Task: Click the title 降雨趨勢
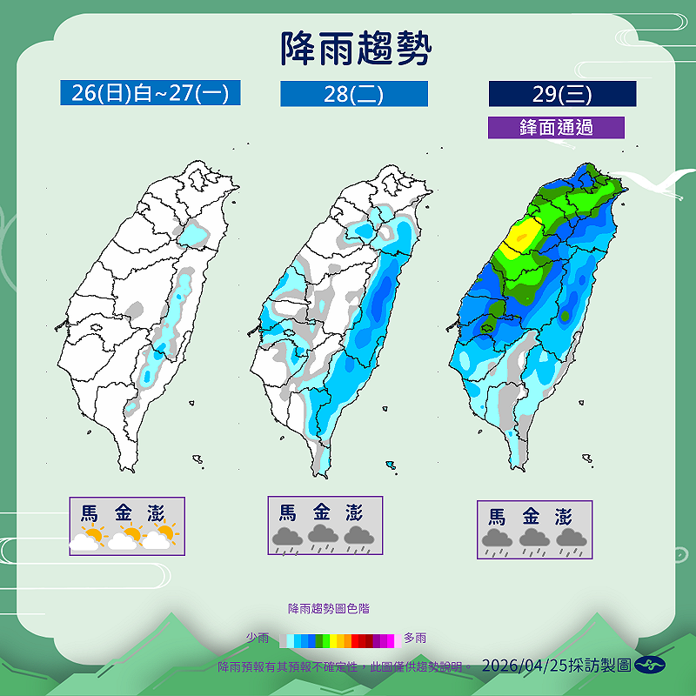[356, 49]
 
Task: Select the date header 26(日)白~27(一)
[150, 93]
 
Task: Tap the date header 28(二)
[353, 94]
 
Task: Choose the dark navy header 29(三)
[562, 94]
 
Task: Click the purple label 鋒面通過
[556, 127]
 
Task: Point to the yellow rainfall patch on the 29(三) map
[519, 235]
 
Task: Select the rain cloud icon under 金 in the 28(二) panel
[321, 539]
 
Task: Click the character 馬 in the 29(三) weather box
[497, 517]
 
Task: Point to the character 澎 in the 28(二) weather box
[355, 512]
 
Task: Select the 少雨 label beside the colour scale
[258, 639]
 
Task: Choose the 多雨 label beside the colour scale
[415, 639]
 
